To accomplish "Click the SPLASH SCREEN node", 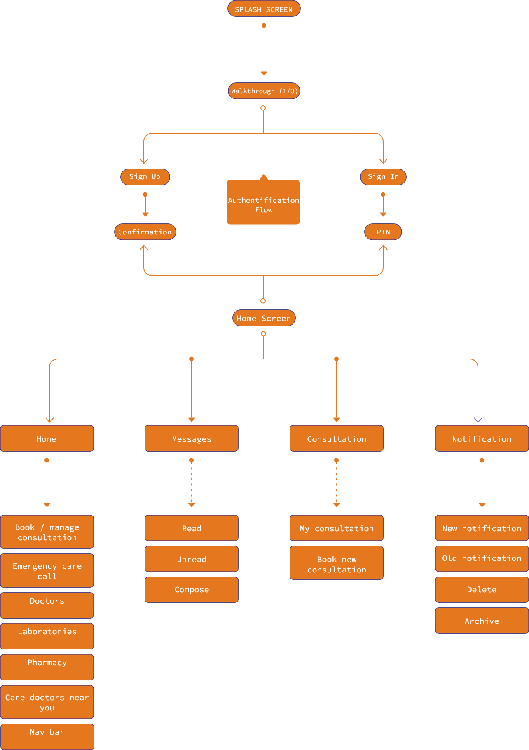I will pos(264,9).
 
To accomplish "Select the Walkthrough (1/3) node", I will pos(264,91).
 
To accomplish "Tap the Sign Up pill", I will pos(145,177).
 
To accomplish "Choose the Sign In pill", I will pos(383,177).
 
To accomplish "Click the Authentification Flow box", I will pos(263,203).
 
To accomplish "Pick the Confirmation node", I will pos(145,232).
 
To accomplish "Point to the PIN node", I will pos(383,232).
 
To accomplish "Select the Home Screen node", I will pos(264,318).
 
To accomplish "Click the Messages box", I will pos(192,438).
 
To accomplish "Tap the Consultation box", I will pos(337,438).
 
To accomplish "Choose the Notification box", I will pos(482,438).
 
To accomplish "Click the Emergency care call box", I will pos(47,571).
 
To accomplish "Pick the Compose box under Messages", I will pos(192,590).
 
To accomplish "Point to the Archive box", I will pos(482,621).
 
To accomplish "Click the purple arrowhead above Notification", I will pos(478,420).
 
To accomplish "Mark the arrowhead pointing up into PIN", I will pos(383,248).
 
